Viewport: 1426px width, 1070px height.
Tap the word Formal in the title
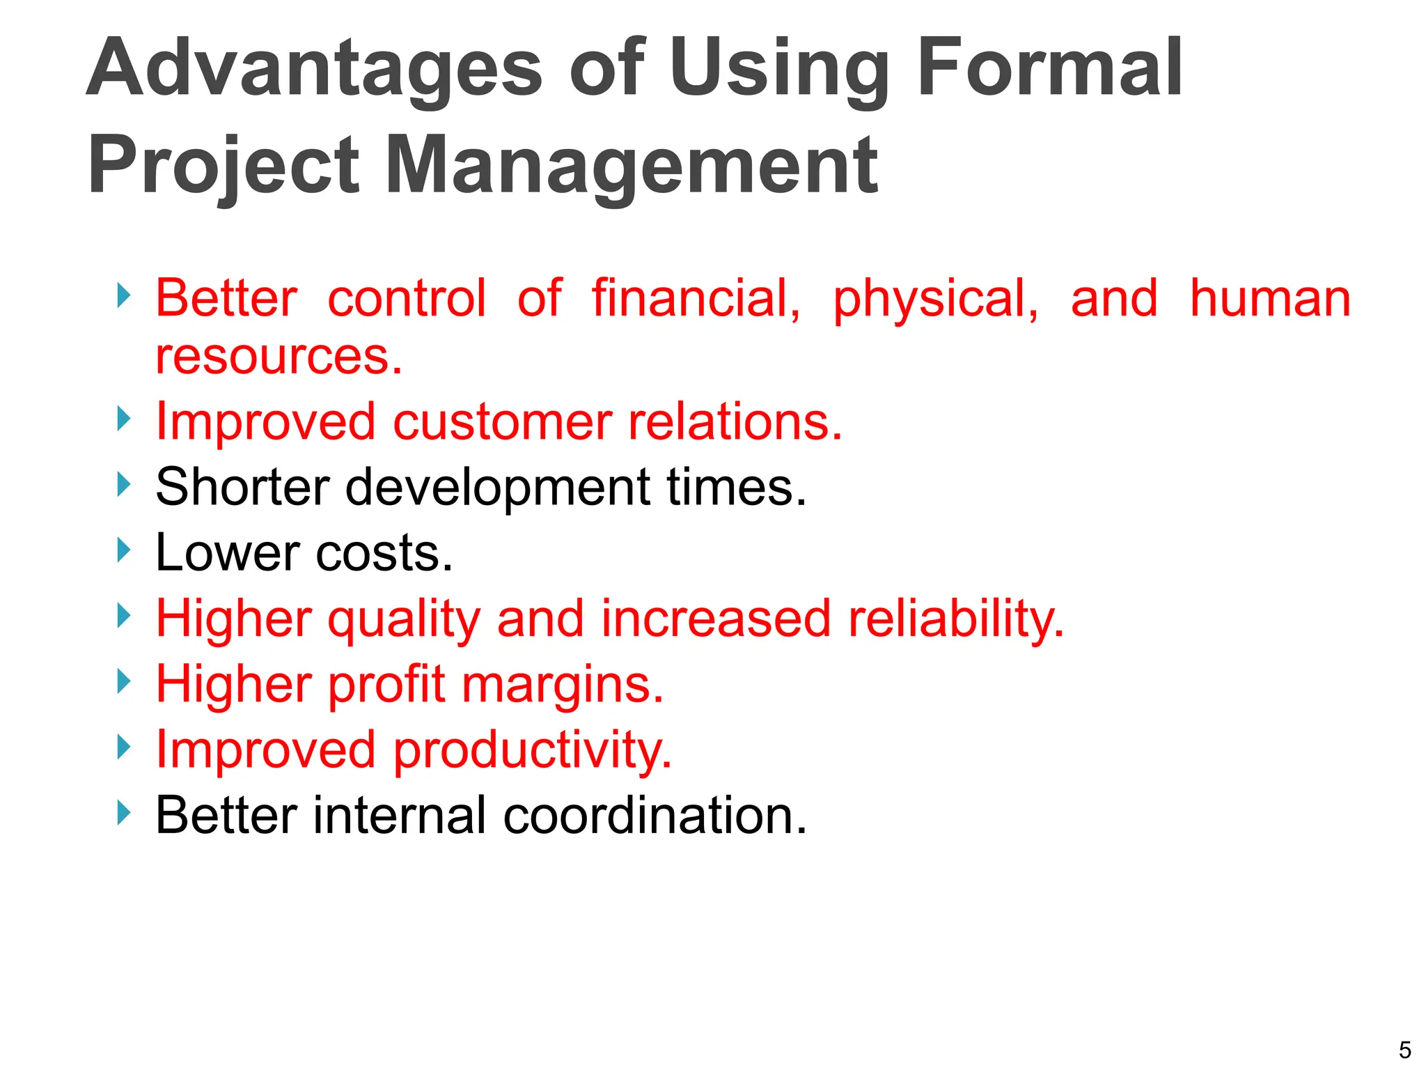click(x=1049, y=68)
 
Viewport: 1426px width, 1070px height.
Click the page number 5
click(x=1404, y=1049)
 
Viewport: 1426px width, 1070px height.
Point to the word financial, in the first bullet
click(x=696, y=298)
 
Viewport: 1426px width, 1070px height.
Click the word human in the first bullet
click(x=1270, y=298)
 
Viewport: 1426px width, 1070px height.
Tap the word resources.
click(x=279, y=357)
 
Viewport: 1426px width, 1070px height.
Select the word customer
click(x=502, y=422)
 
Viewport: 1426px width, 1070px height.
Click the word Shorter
click(x=242, y=486)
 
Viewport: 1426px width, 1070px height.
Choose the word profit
click(x=386, y=684)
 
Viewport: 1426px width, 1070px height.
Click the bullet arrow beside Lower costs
click(x=123, y=550)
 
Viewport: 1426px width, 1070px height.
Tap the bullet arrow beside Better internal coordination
click(x=123, y=812)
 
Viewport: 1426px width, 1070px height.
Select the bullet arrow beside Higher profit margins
click(x=123, y=681)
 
